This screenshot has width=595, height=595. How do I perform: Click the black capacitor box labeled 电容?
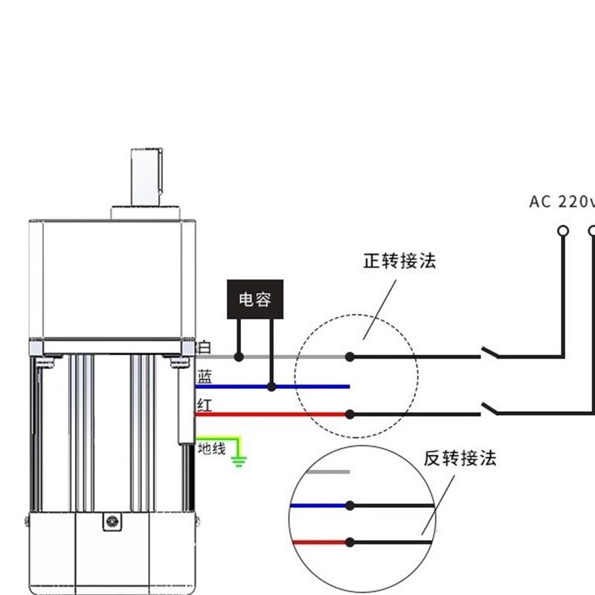254,300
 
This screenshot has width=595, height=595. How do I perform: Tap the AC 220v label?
562,202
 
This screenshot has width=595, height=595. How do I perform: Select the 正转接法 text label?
399,261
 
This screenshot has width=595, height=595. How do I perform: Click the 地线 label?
211,448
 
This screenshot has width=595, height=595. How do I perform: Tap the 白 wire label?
205,347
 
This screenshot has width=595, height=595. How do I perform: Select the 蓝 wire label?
205,378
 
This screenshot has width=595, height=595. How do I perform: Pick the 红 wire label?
205,405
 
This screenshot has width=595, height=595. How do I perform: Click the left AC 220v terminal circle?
563,231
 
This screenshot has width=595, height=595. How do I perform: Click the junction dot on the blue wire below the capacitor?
271,387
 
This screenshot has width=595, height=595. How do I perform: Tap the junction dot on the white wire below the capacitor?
239,357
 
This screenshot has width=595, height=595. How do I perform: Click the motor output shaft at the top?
147,176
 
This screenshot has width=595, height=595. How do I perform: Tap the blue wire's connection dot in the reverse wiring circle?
350,506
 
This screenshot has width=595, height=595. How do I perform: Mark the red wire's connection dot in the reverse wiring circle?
350,542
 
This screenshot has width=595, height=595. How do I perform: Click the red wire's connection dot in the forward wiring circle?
350,414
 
